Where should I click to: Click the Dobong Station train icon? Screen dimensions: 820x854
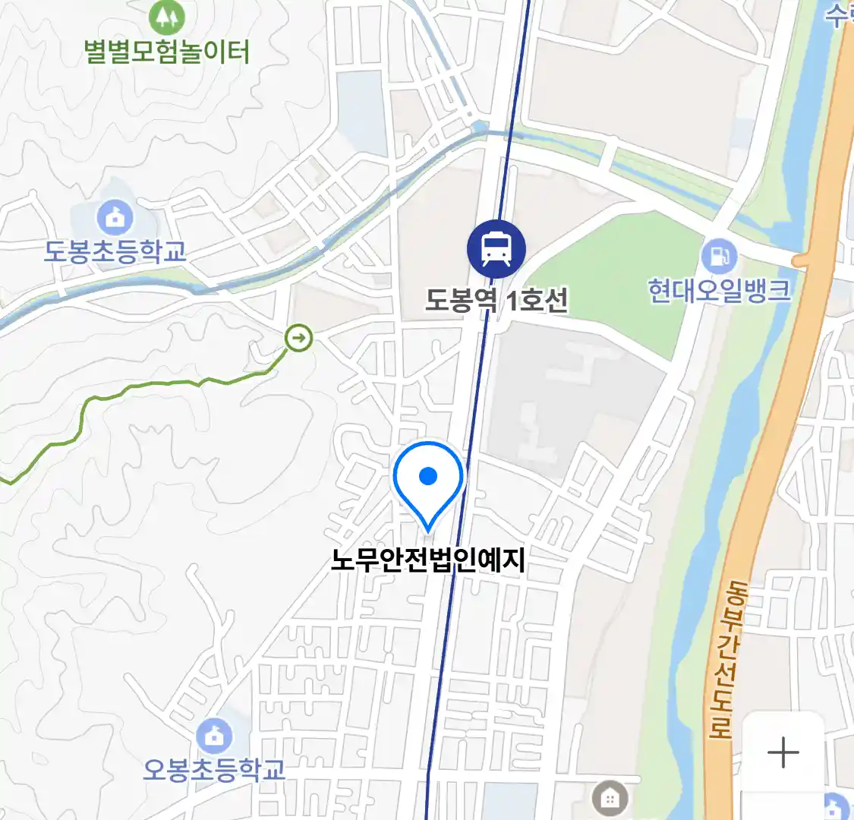pos(496,249)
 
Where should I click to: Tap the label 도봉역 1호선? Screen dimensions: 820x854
pos(496,301)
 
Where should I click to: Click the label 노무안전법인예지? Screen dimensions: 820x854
pos(428,560)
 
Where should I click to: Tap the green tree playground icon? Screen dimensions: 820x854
pos(168,16)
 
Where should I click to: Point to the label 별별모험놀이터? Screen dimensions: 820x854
pos(168,52)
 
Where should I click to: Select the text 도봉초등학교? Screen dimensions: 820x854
pos(115,251)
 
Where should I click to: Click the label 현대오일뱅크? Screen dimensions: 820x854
pos(719,291)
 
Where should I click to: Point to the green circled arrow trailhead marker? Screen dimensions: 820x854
pos(299,338)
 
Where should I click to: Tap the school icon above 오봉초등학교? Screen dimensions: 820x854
pos(215,735)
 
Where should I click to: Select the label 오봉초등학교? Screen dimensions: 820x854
pos(215,769)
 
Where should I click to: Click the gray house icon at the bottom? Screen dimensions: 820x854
pos(609,799)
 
